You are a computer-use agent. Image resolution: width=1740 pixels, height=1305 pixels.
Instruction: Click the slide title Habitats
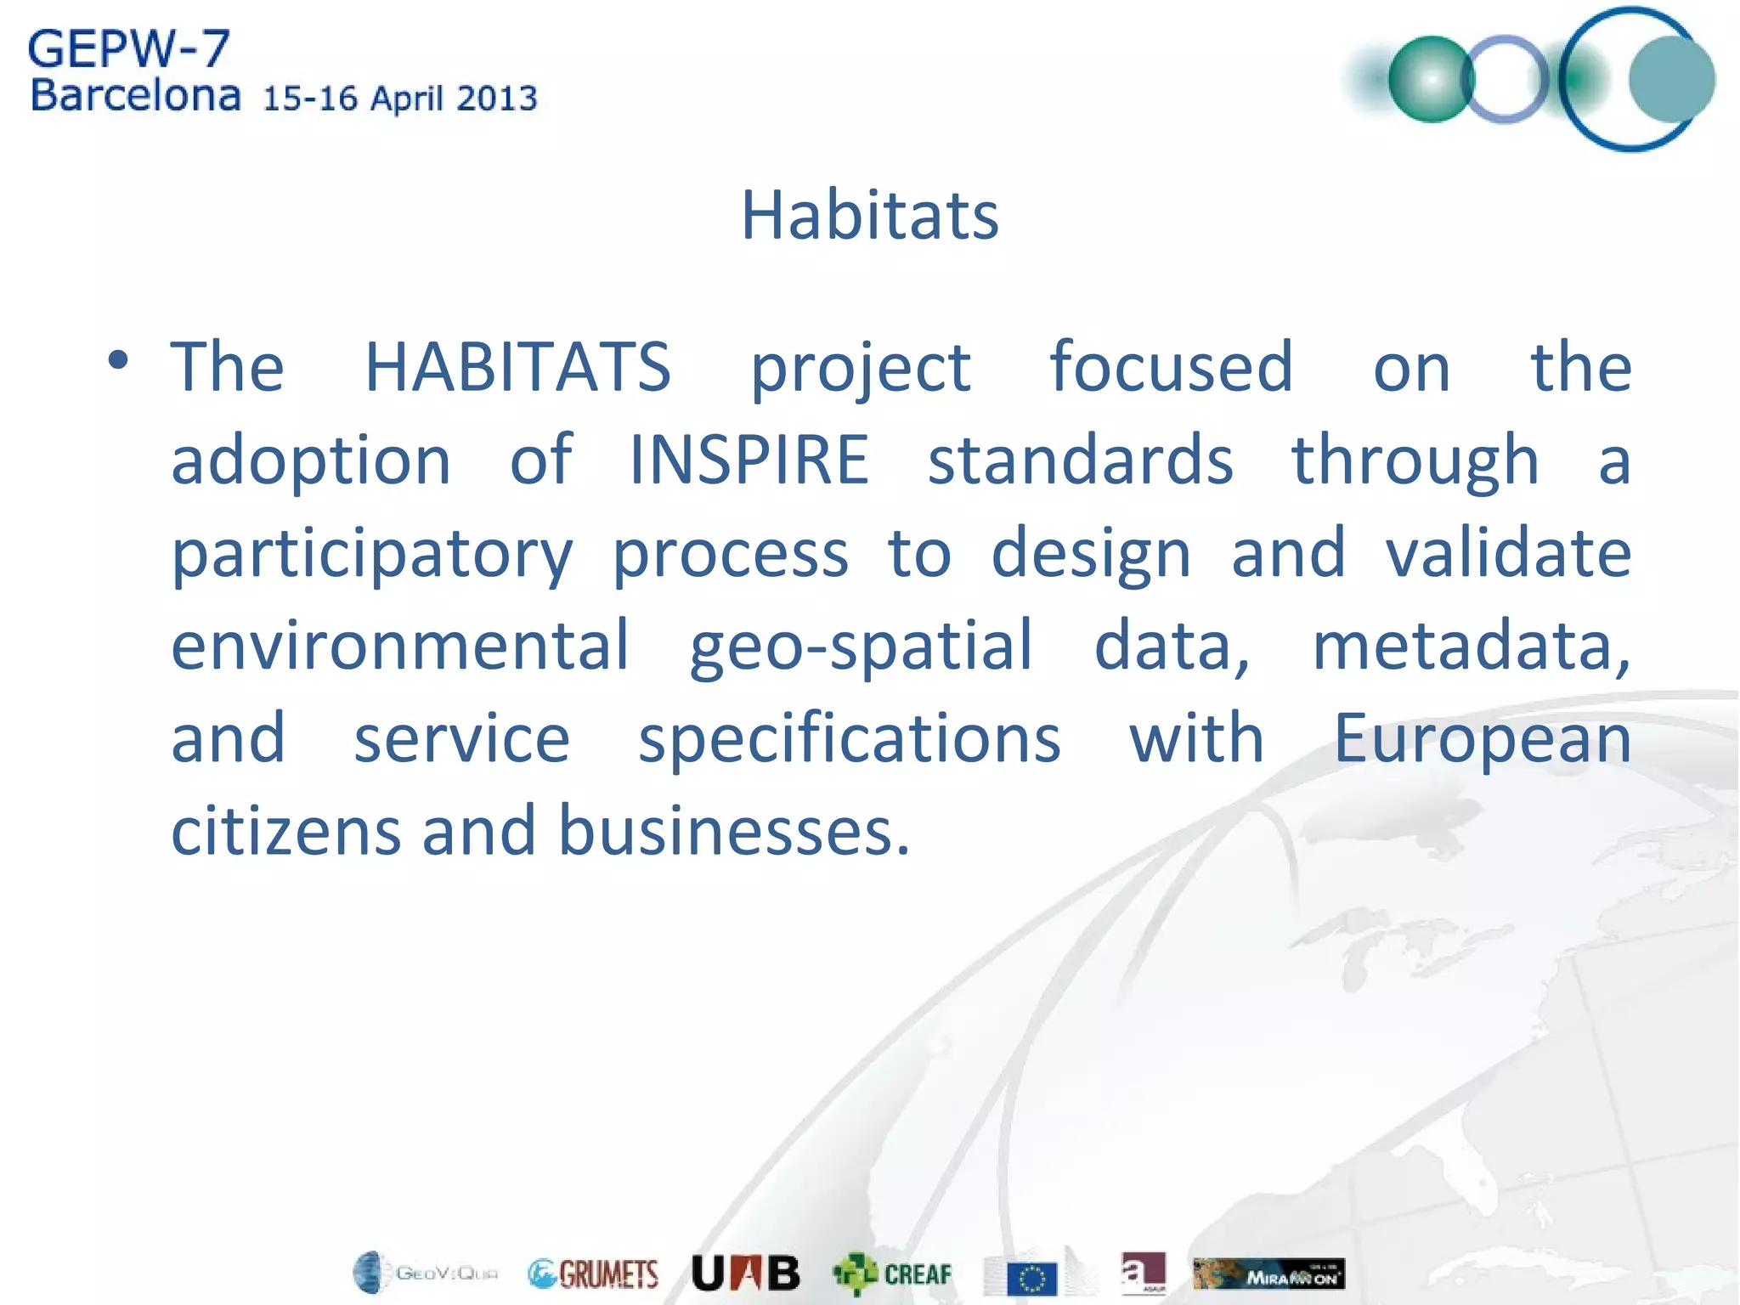[x=869, y=216]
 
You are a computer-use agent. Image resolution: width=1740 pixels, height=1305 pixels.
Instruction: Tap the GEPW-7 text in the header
[x=128, y=49]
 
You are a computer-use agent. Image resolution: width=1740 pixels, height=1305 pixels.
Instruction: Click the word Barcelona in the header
[x=136, y=95]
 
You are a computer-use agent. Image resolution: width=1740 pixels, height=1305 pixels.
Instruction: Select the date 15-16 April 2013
[x=399, y=99]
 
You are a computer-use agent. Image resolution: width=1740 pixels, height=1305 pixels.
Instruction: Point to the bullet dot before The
[x=118, y=360]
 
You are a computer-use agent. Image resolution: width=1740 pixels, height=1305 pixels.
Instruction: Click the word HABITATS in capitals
[x=517, y=367]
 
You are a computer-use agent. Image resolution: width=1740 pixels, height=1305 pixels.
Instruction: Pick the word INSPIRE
[x=749, y=460]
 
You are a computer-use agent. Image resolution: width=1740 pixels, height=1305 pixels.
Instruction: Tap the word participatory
[x=372, y=554]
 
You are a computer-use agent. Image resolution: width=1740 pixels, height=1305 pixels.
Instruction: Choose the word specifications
[x=849, y=738]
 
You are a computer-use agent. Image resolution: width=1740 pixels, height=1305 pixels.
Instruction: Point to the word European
[x=1482, y=738]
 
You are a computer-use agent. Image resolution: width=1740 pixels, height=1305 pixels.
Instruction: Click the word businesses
[x=734, y=831]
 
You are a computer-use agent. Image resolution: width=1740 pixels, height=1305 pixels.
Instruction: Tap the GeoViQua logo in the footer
[x=425, y=1273]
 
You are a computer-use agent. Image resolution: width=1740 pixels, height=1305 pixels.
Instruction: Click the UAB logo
[x=745, y=1273]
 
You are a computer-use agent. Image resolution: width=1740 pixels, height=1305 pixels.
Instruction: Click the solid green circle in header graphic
[x=1432, y=80]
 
